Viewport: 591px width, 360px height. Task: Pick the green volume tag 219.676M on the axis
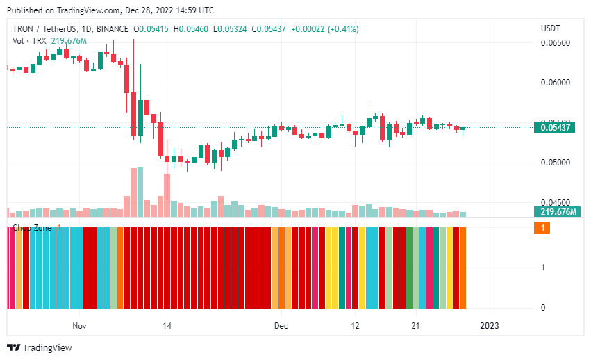555,212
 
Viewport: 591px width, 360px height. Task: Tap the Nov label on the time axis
78,325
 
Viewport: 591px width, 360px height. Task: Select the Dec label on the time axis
281,325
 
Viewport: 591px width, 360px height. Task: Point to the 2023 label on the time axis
490,325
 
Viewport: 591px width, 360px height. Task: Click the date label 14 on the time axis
167,325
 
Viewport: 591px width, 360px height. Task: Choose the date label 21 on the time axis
415,325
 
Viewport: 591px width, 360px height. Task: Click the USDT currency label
551,28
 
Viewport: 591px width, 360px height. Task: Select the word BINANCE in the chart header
113,29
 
